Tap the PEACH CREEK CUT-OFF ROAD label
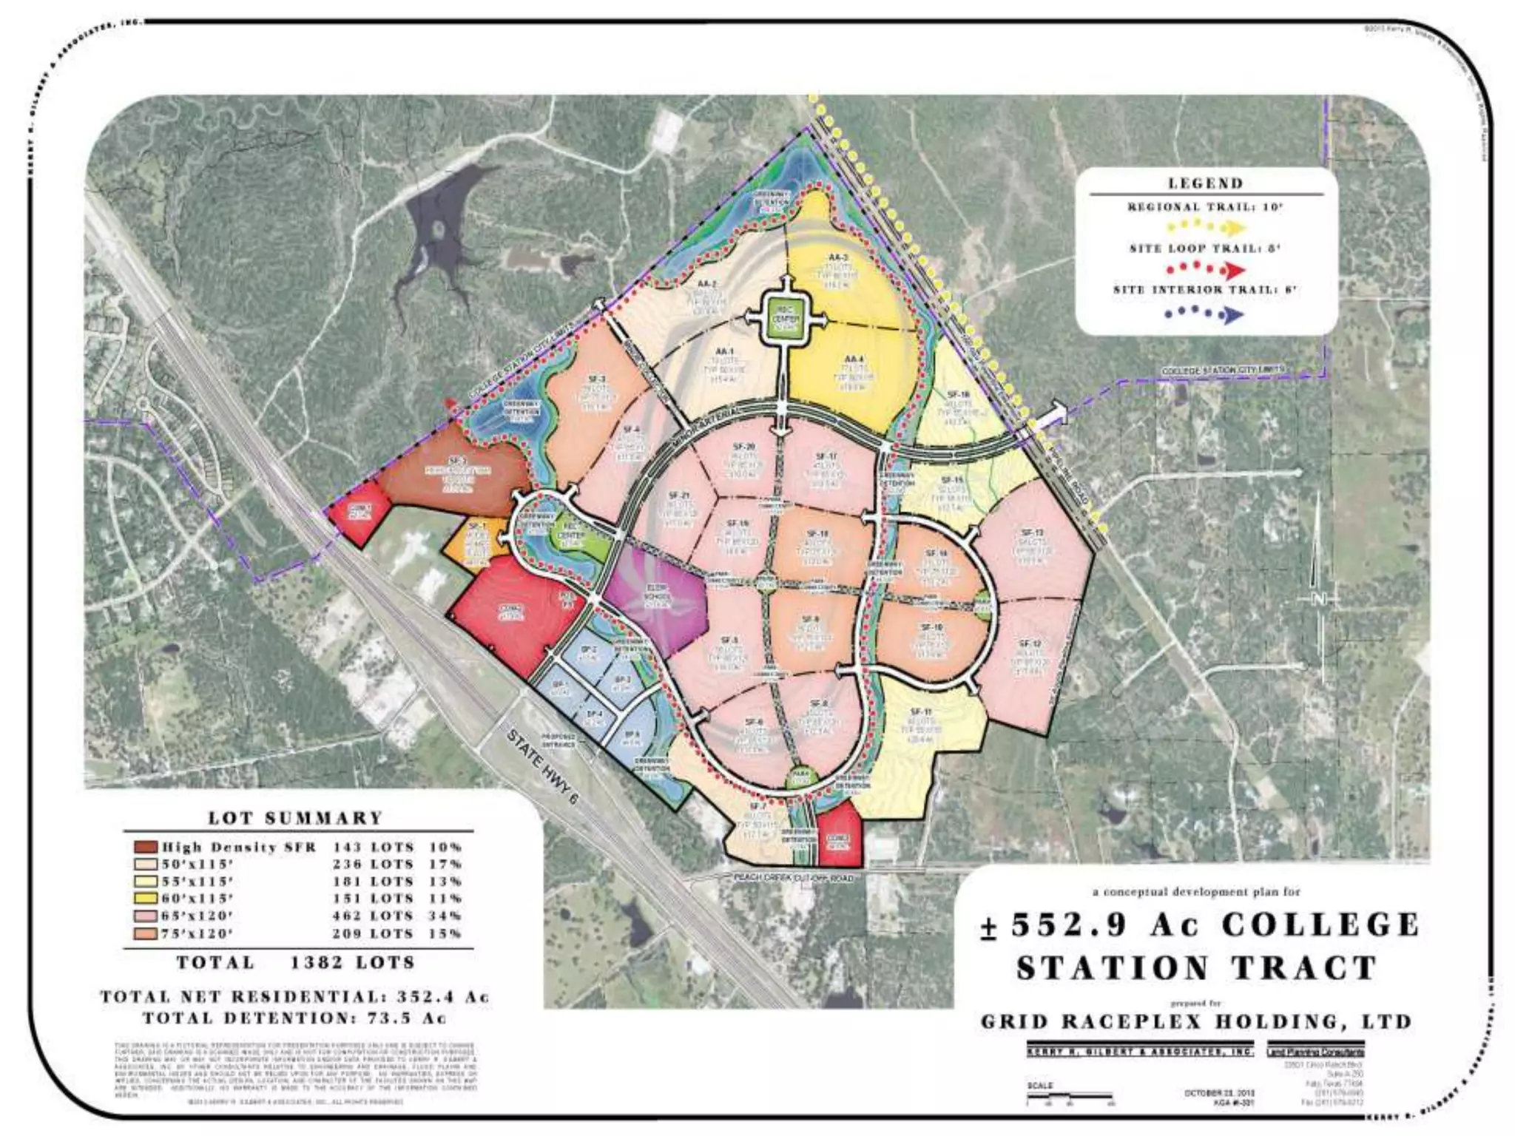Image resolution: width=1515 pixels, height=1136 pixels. [x=792, y=878]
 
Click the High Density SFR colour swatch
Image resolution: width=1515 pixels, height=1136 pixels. [x=145, y=847]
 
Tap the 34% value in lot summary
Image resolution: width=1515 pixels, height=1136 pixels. [x=445, y=916]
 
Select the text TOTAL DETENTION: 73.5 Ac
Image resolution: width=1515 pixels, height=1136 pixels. [x=294, y=1018]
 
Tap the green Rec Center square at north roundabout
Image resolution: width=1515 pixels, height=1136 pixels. [x=782, y=319]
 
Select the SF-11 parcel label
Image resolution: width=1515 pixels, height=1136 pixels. [x=921, y=712]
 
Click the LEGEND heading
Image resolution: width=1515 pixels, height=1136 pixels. [x=1205, y=183]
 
